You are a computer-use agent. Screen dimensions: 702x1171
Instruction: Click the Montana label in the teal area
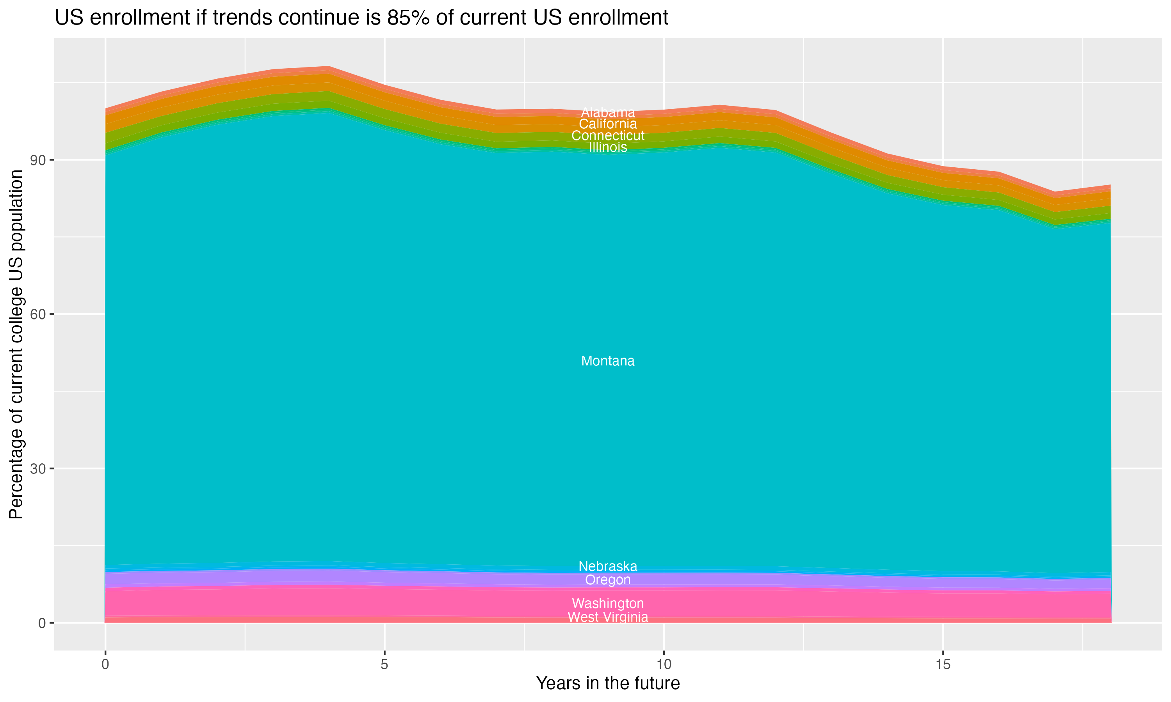[608, 361]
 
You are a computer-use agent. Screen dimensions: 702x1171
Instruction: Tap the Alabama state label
[608, 113]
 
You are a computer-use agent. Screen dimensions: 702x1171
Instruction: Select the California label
[608, 124]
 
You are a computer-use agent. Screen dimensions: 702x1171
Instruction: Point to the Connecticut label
[608, 136]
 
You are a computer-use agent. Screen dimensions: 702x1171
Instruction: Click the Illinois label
[608, 147]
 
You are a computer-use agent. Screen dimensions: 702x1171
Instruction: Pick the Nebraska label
[608, 566]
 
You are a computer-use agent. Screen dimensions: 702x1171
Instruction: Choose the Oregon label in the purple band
[608, 580]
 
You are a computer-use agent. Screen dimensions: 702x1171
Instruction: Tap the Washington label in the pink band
[608, 604]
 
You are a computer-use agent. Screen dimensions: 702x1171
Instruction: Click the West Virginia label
[608, 617]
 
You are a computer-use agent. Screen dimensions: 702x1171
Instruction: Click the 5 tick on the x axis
[384, 665]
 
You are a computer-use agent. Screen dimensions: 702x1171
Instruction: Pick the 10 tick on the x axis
[664, 665]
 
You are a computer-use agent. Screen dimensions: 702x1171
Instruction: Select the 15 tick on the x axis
[943, 665]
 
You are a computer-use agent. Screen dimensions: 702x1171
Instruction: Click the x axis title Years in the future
[608, 684]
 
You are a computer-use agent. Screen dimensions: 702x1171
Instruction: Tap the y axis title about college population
[16, 344]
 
